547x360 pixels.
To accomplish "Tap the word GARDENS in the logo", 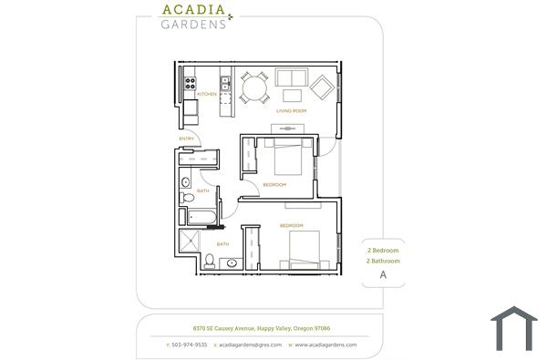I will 192,25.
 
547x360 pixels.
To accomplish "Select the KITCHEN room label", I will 206,93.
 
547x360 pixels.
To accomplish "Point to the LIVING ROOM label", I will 291,111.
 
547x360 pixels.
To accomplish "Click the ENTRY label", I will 186,139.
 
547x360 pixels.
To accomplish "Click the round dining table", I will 253,87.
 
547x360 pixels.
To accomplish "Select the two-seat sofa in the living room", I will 292,77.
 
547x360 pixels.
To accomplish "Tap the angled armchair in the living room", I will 324,87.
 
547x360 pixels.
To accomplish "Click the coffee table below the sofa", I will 293,95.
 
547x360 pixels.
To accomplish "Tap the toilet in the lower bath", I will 210,262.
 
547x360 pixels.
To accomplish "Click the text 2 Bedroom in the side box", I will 383,250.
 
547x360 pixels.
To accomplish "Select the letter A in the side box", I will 383,274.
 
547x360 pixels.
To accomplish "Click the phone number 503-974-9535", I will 191,345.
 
